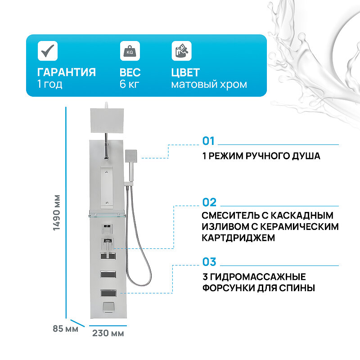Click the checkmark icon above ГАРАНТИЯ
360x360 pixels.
47,51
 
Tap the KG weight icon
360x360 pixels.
130,51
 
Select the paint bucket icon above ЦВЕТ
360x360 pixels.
181,51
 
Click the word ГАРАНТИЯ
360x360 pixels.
66,72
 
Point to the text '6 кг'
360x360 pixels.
129,85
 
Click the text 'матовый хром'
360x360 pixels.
209,85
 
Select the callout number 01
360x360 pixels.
209,141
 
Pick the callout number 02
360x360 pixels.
209,202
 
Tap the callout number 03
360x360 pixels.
209,262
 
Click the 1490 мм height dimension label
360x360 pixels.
57,213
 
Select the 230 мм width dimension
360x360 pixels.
108,333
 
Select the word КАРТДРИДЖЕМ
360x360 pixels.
238,238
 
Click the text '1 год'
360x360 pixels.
50,85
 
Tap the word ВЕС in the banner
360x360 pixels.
130,72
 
